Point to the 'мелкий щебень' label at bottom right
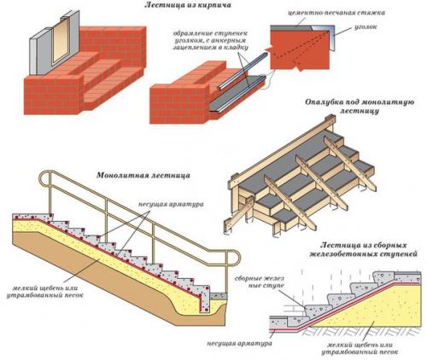click(x=370, y=345)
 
